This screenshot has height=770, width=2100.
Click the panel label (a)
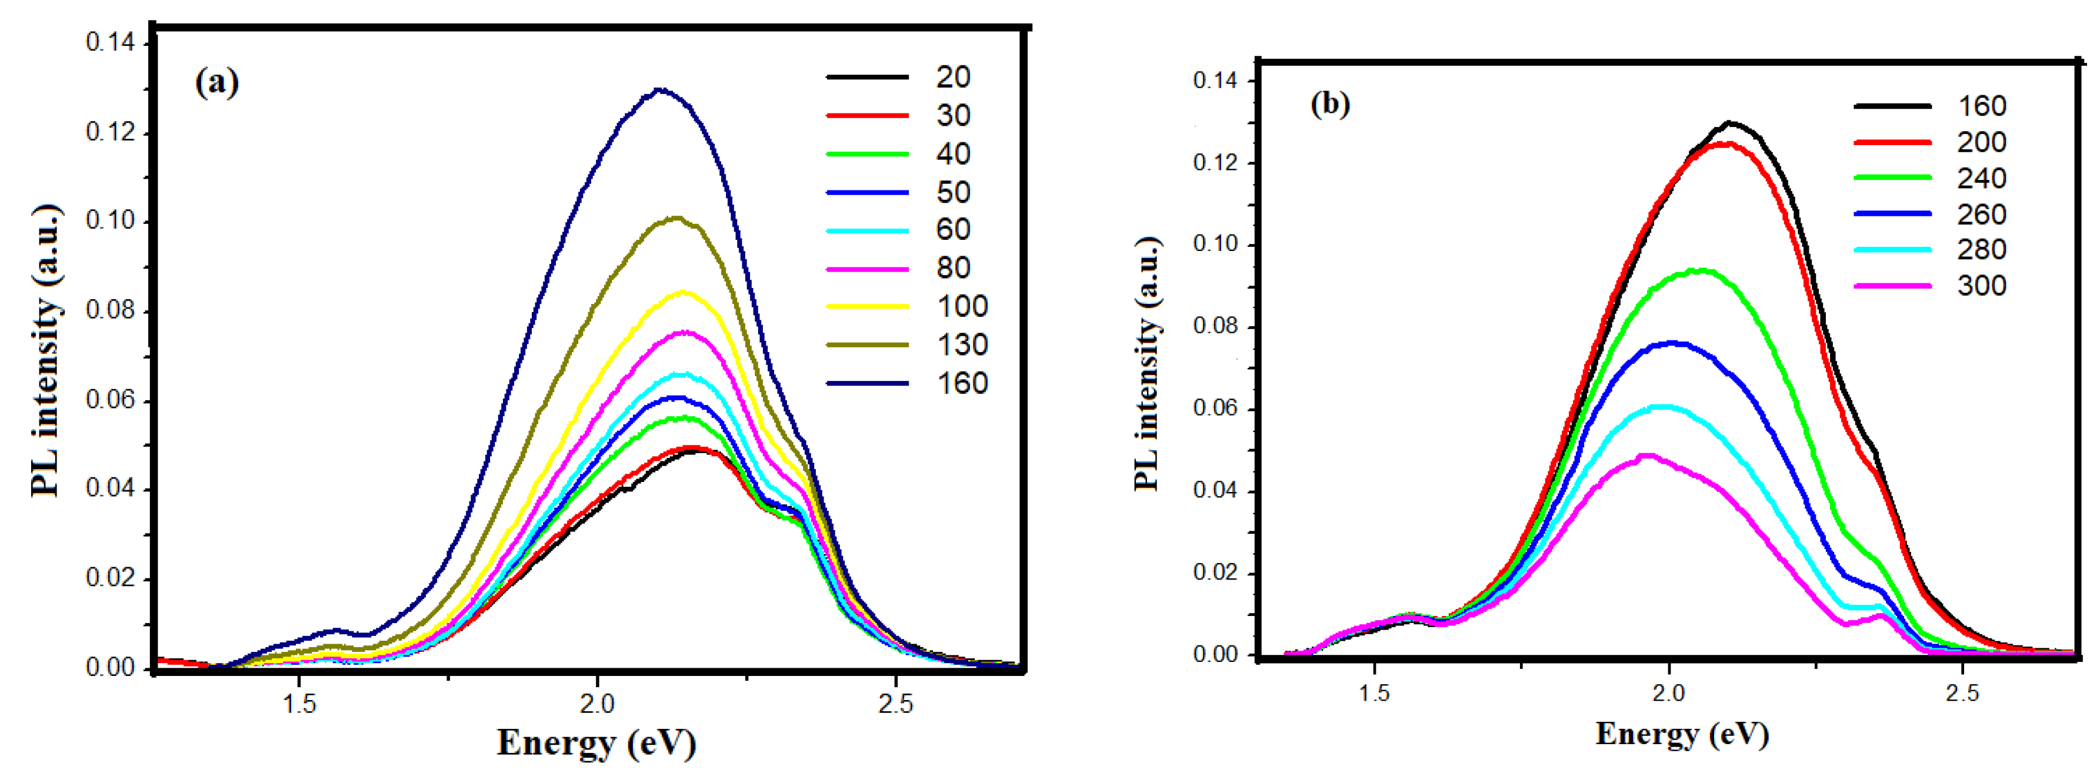(x=217, y=82)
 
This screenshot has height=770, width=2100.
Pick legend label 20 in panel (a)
(x=952, y=78)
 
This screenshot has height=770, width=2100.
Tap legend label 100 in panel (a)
(x=962, y=306)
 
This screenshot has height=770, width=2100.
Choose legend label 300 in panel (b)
(x=1981, y=286)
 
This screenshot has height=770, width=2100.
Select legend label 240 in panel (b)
(x=1981, y=179)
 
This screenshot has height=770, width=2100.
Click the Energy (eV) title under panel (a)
(x=596, y=743)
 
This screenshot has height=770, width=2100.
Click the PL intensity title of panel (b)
(x=1147, y=364)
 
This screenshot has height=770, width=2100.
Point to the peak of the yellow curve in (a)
(x=683, y=292)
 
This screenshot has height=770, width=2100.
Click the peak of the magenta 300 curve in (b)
(x=1646, y=456)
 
